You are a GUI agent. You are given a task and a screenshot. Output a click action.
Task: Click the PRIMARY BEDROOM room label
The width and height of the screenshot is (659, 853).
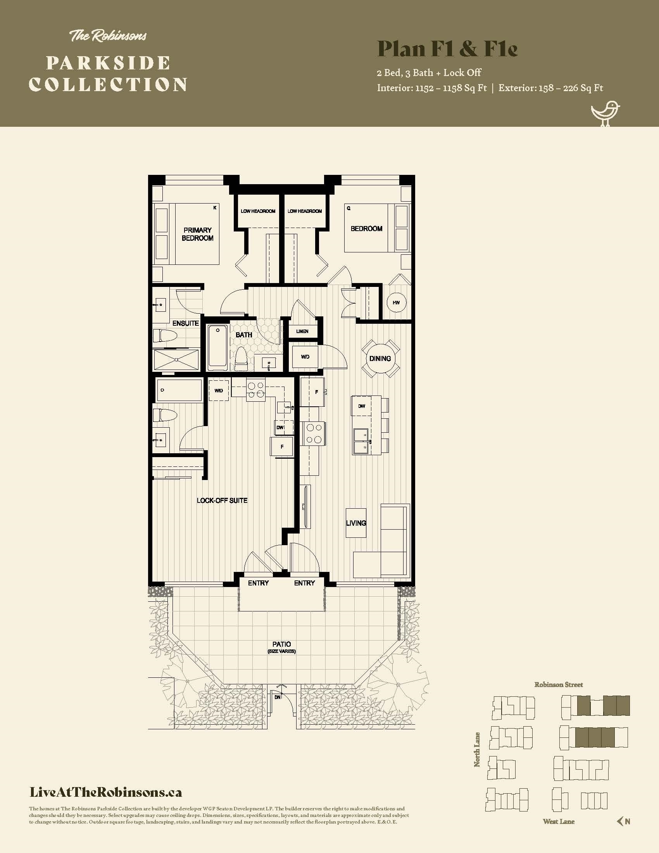click(x=198, y=234)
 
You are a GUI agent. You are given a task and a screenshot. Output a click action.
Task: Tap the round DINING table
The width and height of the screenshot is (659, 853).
click(x=380, y=358)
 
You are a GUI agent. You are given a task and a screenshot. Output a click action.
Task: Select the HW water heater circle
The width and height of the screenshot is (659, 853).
click(x=396, y=302)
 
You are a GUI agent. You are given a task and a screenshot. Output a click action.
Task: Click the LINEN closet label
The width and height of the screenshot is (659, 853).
click(x=302, y=331)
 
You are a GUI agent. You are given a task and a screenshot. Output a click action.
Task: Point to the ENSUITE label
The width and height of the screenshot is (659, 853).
click(x=186, y=323)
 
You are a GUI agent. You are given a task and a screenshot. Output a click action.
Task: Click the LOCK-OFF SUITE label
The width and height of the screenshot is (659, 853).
click(x=222, y=500)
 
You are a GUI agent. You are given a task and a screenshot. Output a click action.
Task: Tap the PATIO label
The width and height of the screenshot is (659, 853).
click(x=281, y=644)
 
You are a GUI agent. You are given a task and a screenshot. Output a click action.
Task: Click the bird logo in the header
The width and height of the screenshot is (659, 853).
click(x=605, y=114)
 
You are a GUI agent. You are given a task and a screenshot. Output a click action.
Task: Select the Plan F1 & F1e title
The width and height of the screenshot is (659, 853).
click(x=447, y=49)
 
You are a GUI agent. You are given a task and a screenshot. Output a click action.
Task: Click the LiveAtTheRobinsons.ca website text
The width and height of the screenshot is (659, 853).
click(x=106, y=793)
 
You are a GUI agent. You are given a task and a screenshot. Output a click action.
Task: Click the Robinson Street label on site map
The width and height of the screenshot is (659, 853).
click(x=558, y=685)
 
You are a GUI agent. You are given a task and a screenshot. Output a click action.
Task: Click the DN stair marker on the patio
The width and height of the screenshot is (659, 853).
click(x=277, y=697)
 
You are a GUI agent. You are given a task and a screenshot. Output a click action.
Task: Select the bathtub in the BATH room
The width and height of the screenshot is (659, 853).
click(x=217, y=348)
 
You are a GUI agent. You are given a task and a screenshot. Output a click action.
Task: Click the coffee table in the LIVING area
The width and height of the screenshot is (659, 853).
click(x=355, y=523)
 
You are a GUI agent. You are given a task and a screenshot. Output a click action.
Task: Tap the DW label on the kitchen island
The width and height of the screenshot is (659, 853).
click(x=362, y=406)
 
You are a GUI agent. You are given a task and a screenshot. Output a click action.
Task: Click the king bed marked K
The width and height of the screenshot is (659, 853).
click(x=197, y=233)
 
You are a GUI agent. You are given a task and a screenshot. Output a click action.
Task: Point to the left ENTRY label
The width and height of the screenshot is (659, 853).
click(x=258, y=583)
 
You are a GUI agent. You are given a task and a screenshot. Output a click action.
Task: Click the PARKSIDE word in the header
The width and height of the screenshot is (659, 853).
click(x=108, y=63)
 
